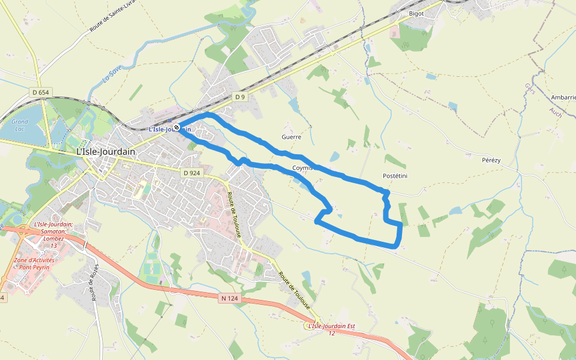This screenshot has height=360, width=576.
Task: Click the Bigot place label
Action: (x=416, y=14)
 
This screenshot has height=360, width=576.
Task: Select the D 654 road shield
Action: (x=41, y=92)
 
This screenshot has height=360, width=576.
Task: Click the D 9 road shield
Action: (x=240, y=97)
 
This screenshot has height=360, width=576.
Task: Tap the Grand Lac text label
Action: (x=20, y=125)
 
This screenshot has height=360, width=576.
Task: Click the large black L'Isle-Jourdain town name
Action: (x=106, y=152)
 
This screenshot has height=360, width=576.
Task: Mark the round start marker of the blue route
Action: (x=177, y=127)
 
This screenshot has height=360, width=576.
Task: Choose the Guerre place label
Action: (x=290, y=137)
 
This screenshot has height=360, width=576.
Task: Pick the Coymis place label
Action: (x=302, y=168)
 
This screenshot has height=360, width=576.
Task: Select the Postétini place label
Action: (x=395, y=176)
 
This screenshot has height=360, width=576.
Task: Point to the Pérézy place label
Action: (x=491, y=160)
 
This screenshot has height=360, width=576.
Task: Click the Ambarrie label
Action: (x=563, y=97)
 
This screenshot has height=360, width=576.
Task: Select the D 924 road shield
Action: (x=191, y=173)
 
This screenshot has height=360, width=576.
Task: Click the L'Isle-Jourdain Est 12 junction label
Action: (x=331, y=329)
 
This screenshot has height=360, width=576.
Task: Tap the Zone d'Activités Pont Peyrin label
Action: (x=34, y=263)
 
